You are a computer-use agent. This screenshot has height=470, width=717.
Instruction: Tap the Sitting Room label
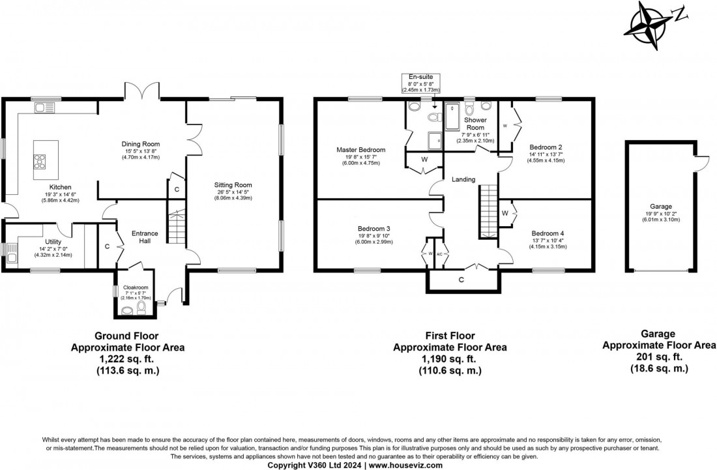(x=233, y=185)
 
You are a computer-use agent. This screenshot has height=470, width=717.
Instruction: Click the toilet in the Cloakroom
(x=141, y=307)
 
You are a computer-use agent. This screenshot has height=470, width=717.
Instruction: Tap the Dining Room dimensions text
(x=141, y=153)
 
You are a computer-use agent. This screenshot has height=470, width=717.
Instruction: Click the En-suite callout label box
(x=420, y=83)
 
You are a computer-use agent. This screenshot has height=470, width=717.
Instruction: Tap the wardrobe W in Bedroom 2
(x=505, y=125)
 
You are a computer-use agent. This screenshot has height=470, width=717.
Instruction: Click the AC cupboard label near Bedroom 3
(x=439, y=253)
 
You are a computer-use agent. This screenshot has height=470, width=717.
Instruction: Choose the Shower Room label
(x=475, y=124)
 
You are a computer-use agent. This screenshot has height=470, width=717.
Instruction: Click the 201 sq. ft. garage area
(x=658, y=357)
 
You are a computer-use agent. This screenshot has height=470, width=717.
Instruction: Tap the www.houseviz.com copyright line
(x=358, y=465)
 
